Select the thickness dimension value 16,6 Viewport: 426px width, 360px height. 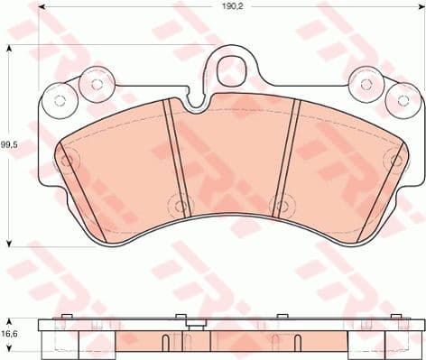point(9,333)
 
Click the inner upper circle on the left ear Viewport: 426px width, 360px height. point(94,84)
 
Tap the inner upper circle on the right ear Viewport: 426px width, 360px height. point(366,84)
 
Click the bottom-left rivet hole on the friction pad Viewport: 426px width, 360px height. point(181,206)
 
